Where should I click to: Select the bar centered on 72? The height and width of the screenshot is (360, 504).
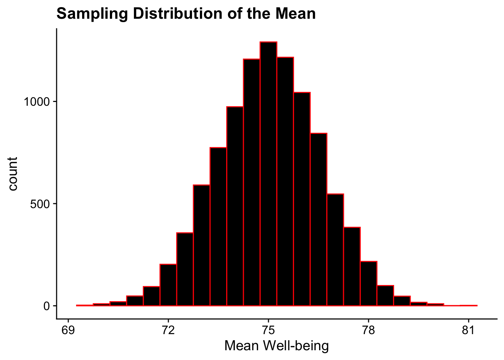(168, 285)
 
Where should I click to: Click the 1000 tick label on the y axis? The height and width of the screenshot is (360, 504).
(37, 102)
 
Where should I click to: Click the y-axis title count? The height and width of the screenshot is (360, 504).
(13, 174)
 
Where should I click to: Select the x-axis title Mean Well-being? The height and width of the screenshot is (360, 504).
(276, 346)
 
